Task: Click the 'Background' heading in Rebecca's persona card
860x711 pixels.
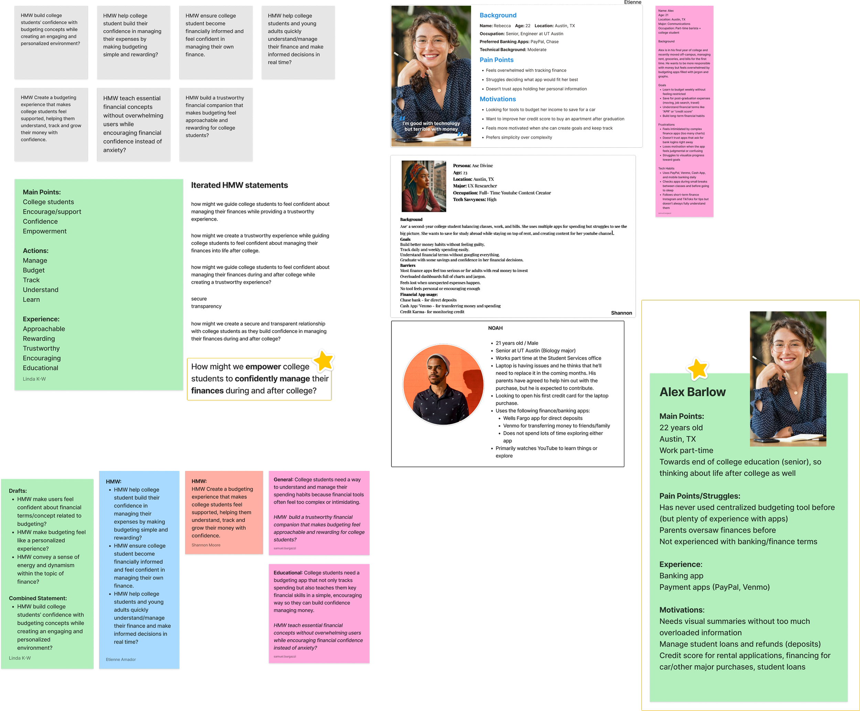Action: coord(497,15)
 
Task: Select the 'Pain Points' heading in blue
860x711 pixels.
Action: coord(496,60)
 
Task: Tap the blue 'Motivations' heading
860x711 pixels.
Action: coord(497,99)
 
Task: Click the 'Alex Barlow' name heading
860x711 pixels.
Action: coord(692,392)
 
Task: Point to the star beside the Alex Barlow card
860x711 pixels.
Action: coord(697,368)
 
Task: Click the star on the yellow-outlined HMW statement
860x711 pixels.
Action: coord(324,360)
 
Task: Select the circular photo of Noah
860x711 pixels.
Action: coord(443,384)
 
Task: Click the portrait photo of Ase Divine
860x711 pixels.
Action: coord(423,186)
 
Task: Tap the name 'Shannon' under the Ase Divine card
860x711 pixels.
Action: coord(621,313)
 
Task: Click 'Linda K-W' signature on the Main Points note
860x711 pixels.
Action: coord(34,379)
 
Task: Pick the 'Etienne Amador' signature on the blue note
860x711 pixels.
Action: coord(121,659)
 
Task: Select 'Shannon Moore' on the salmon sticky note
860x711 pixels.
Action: coord(206,545)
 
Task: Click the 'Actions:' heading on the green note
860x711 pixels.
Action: coord(35,251)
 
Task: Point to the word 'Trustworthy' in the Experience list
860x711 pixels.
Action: coord(41,348)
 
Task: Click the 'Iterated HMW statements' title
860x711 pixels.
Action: coord(239,185)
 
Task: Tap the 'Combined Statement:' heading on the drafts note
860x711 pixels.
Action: coord(37,598)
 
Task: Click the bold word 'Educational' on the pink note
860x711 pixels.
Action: coord(288,573)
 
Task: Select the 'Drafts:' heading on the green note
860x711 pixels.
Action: coord(18,491)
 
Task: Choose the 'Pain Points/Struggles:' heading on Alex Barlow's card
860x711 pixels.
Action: coord(700,496)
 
